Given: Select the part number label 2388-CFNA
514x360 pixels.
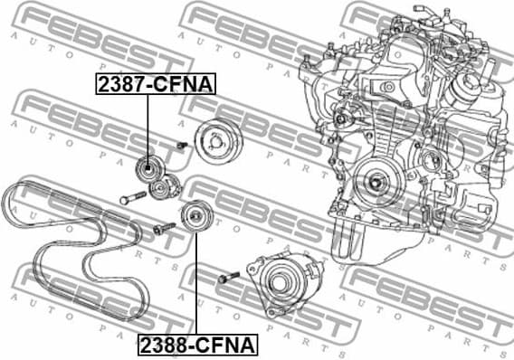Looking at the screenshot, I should pyautogui.click(x=196, y=344).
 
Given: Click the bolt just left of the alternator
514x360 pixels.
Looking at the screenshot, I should pyautogui.click(x=226, y=278).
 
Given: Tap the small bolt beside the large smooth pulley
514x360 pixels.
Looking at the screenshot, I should pyautogui.click(x=181, y=145).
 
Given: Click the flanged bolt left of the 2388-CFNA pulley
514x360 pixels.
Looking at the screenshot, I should pyautogui.click(x=164, y=229).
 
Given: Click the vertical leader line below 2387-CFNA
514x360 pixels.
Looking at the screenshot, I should pyautogui.click(x=148, y=127).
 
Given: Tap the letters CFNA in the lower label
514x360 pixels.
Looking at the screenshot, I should pyautogui.click(x=229, y=344).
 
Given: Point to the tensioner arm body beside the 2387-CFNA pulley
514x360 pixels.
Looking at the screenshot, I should pyautogui.click(x=165, y=187).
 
